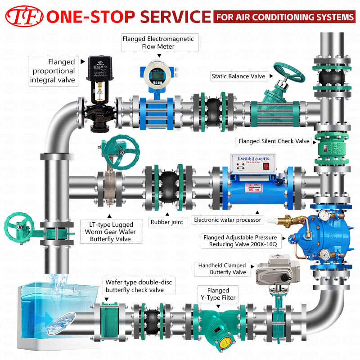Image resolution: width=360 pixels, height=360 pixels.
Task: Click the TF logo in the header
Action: pos(23,17)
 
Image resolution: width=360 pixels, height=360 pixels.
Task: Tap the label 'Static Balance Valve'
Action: pos(238,76)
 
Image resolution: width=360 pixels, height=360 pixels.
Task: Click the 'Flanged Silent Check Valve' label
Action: pos(274,141)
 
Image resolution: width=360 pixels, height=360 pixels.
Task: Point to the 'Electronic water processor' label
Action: pos(227,220)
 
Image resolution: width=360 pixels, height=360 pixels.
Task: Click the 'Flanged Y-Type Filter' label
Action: pos(218,294)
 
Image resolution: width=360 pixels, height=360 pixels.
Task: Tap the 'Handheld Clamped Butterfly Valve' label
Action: pos(222,269)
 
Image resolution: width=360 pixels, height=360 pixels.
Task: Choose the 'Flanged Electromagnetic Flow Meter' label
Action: pos(158,43)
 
